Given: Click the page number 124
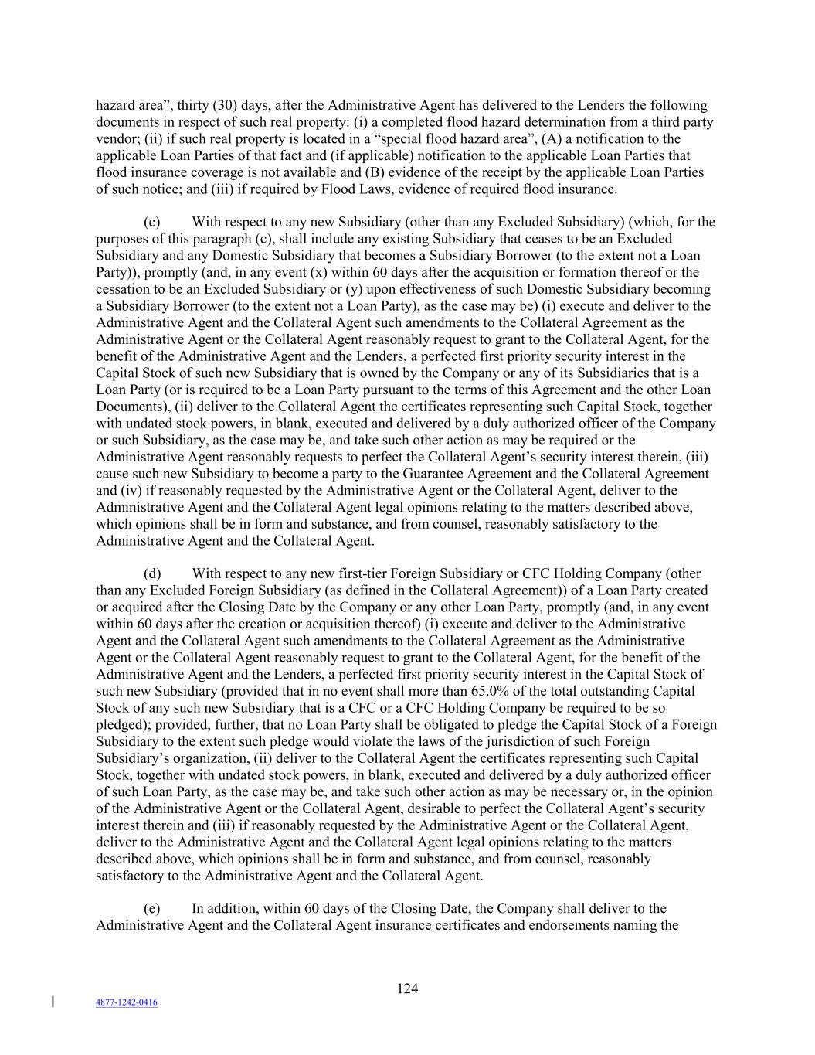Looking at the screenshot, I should (407, 989).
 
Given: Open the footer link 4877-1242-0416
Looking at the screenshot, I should (127, 1002).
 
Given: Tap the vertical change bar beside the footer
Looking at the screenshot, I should (53, 1002).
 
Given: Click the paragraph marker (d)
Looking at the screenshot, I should (152, 573).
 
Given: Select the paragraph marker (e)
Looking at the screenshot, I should (152, 908).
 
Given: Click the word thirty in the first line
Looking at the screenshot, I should (194, 105).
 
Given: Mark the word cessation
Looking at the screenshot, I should (124, 289).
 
